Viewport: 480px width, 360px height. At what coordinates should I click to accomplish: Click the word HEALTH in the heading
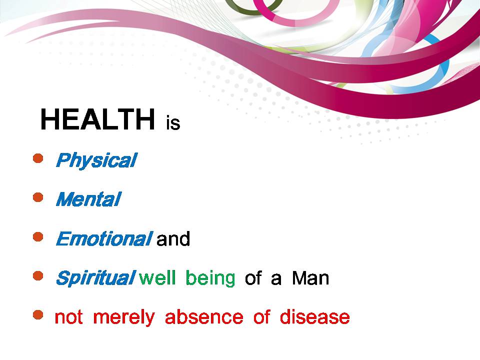click(97, 119)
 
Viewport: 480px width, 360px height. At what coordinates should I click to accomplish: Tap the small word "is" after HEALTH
click(173, 123)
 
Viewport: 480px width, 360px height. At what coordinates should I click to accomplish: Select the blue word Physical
click(96, 160)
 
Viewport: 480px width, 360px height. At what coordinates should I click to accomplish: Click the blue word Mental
click(88, 199)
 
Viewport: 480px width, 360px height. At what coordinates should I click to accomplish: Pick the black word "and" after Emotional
click(173, 239)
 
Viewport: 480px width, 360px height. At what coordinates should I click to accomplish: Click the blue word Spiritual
click(95, 278)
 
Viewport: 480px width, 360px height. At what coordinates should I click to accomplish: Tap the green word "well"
click(157, 277)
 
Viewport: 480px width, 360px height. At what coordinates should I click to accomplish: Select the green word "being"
click(210, 278)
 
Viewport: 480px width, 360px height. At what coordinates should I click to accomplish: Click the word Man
click(310, 278)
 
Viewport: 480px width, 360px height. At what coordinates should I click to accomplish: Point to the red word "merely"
click(124, 317)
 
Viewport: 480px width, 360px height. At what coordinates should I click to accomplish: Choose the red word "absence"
click(204, 317)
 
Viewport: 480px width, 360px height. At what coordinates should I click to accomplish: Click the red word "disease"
click(314, 317)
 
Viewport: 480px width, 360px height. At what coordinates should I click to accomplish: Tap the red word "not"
click(68, 317)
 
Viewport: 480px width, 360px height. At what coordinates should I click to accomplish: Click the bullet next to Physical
click(38, 158)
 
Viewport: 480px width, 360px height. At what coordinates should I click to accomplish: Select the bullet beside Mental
click(38, 197)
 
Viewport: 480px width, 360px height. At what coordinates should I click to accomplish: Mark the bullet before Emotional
click(38, 236)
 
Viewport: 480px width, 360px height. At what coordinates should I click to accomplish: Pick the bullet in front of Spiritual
click(38, 276)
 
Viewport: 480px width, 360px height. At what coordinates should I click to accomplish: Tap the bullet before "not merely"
click(38, 314)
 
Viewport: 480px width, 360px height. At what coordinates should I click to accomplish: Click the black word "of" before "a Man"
click(253, 278)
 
